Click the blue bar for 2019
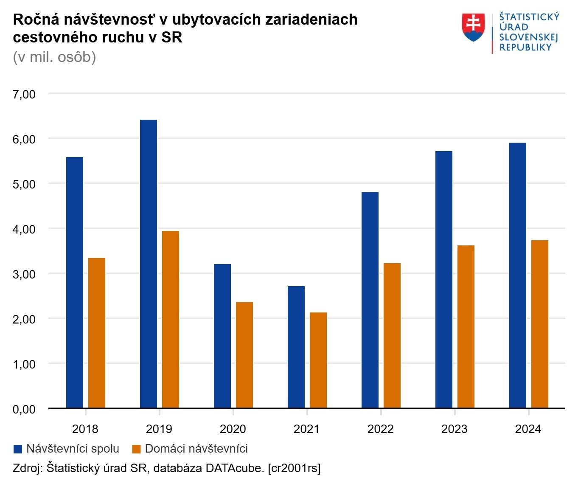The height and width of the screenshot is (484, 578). [149, 264]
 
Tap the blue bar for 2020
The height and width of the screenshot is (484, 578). [222, 336]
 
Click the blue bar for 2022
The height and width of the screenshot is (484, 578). [370, 300]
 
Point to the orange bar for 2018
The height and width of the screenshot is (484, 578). [97, 333]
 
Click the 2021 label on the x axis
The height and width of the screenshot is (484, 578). [306, 429]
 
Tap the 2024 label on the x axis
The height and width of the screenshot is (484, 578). [528, 429]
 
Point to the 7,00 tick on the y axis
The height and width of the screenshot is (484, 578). [24, 94]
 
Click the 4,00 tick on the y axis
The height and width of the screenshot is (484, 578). [24, 229]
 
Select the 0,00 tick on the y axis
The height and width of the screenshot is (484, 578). [24, 409]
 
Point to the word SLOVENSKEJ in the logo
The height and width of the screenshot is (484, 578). [528, 37]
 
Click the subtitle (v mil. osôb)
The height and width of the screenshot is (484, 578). [54, 57]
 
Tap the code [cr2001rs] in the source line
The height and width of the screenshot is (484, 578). [294, 468]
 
